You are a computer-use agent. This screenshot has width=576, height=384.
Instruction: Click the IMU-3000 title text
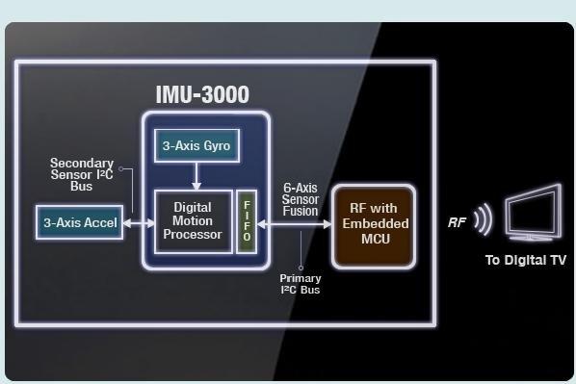pyautogui.click(x=202, y=94)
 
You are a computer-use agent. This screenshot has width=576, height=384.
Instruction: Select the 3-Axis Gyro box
pyautogui.click(x=196, y=146)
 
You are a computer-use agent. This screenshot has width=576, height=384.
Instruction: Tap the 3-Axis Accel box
pyautogui.click(x=80, y=223)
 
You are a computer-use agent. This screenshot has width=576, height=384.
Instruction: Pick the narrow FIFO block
pyautogui.click(x=245, y=222)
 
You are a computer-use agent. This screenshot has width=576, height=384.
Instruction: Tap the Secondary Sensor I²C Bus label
pyautogui.click(x=82, y=175)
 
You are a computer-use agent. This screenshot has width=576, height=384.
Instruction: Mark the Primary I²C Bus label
pyautogui.click(x=301, y=284)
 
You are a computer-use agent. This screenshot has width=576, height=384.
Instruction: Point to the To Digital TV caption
pyautogui.click(x=525, y=260)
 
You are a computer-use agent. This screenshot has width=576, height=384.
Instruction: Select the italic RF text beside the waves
pyautogui.click(x=458, y=222)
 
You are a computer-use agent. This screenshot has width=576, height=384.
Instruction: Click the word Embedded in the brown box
pyautogui.click(x=373, y=225)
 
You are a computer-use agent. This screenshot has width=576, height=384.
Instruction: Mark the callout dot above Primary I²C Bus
pyautogui.click(x=301, y=268)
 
